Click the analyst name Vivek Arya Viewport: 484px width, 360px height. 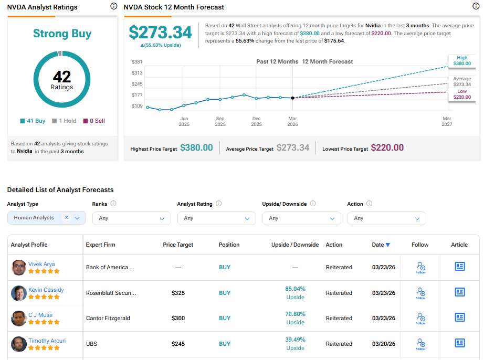[x=41, y=264]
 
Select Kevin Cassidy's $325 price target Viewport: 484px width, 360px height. [x=178, y=293]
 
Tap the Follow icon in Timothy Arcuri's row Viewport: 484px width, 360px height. [x=420, y=344]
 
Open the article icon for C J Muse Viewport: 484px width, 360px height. [x=460, y=317]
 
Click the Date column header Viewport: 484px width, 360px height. [x=381, y=245]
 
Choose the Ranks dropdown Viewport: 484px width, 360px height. [x=132, y=218]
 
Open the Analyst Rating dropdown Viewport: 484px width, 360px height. [x=217, y=218]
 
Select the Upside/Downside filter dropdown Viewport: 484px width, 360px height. [x=302, y=218]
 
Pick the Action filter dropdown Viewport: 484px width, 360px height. [x=387, y=218]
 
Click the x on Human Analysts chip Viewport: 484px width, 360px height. [x=67, y=217]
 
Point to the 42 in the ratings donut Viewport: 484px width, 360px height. [x=62, y=77]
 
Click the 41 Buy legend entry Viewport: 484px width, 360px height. [x=33, y=121]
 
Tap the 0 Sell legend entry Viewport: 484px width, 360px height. [x=94, y=121]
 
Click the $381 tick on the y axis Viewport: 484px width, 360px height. [x=137, y=62]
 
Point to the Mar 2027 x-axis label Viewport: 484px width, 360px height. [x=447, y=122]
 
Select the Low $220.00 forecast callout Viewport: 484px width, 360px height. [x=461, y=94]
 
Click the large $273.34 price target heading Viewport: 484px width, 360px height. [x=161, y=33]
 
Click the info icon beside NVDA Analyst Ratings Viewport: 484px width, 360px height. [x=114, y=6]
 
